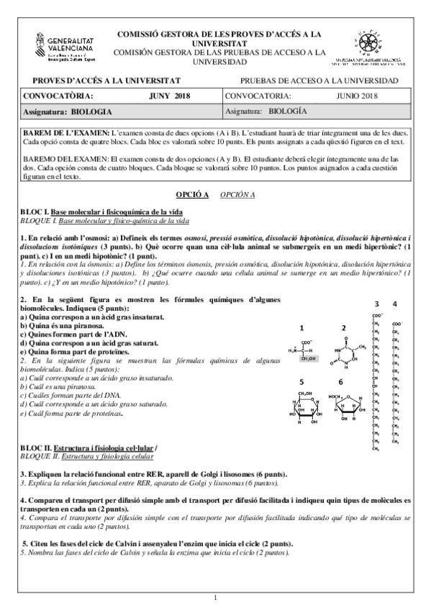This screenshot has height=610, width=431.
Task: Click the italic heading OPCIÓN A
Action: click(237, 194)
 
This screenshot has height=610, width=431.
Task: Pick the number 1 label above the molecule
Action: click(302, 328)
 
